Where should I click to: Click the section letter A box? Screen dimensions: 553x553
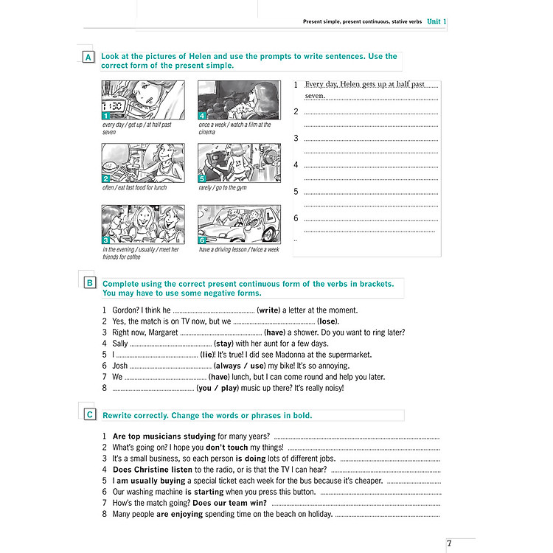click(x=88, y=58)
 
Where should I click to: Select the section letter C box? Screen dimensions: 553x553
click(x=88, y=415)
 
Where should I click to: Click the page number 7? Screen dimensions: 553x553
click(x=449, y=544)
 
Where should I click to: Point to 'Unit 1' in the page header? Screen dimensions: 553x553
click(x=437, y=21)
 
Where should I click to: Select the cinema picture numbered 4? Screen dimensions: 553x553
click(x=240, y=100)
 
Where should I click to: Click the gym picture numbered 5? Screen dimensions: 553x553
click(x=240, y=163)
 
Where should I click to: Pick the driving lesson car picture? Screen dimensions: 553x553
click(x=240, y=224)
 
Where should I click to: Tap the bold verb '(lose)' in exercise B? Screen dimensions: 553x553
click(x=328, y=321)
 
